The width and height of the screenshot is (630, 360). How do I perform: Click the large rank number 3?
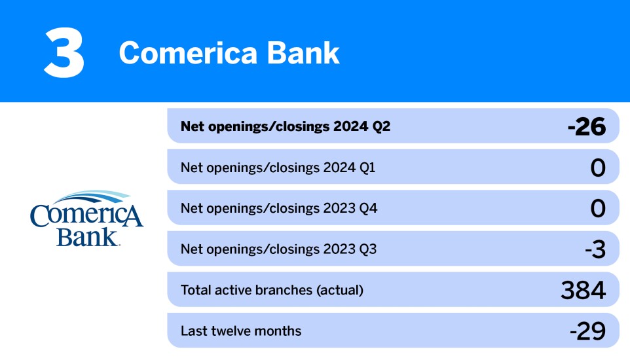(64, 53)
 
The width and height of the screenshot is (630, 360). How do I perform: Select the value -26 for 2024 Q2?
(586, 127)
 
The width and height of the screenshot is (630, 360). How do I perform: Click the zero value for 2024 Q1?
(597, 168)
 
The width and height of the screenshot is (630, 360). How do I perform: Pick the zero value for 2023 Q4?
(597, 209)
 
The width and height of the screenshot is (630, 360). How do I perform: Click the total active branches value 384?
(583, 290)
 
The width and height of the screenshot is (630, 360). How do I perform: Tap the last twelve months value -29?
(587, 331)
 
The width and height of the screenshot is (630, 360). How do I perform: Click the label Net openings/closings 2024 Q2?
(285, 126)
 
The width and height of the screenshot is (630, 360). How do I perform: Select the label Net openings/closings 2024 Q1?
(278, 168)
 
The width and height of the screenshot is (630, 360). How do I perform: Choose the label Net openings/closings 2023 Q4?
(278, 209)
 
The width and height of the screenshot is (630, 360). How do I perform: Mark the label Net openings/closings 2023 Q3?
(278, 249)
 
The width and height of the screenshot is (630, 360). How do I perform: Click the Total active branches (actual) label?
(271, 290)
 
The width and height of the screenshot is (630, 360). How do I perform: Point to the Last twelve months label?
(240, 331)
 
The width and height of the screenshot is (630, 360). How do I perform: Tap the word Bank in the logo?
(87, 236)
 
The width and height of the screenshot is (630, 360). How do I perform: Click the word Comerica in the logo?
(86, 216)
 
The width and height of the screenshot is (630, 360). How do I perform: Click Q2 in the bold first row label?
(380, 126)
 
